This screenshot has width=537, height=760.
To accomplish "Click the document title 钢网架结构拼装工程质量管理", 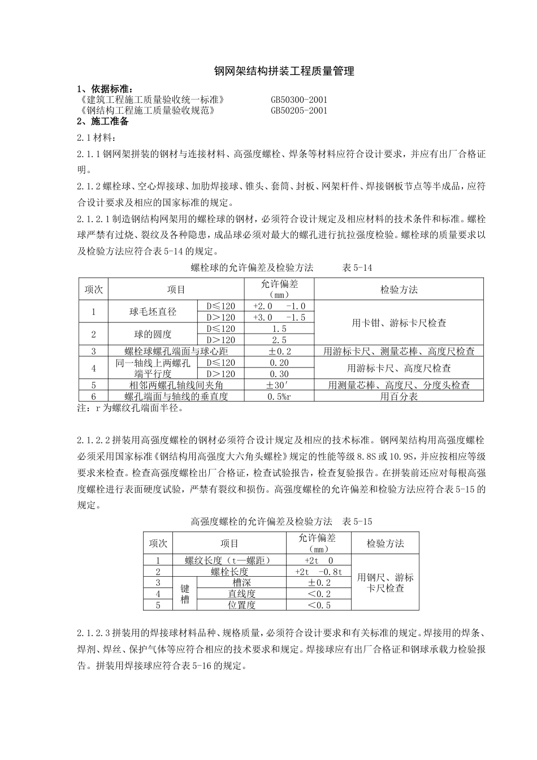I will coord(284,71).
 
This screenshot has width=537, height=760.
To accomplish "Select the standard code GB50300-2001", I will coord(298,100).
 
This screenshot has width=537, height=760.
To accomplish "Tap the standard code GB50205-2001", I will coord(298,111).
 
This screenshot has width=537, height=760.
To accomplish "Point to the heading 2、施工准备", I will coord(103,122).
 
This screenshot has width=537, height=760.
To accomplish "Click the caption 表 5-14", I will coord(357,267).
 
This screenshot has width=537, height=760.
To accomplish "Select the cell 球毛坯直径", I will coord(153,312).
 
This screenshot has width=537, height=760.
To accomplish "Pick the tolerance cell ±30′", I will coord(279,385).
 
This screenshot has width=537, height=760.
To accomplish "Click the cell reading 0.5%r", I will coord(279,396).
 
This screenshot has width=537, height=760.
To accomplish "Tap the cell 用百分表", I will coord(399,396).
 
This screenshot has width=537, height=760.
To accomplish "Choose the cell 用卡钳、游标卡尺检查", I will coord(399,323).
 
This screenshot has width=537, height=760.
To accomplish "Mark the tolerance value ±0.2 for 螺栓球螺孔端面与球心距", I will coord(279,351).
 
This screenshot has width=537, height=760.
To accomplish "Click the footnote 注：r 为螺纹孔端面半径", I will coord(129,408).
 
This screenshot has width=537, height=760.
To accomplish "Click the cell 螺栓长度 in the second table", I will coord(229,572).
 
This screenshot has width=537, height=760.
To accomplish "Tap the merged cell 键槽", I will coord(185,594).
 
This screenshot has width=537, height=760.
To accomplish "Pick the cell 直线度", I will coord(241,594).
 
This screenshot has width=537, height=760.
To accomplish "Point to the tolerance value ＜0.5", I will coord(319,605).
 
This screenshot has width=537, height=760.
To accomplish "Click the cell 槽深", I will coord(241,582).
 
